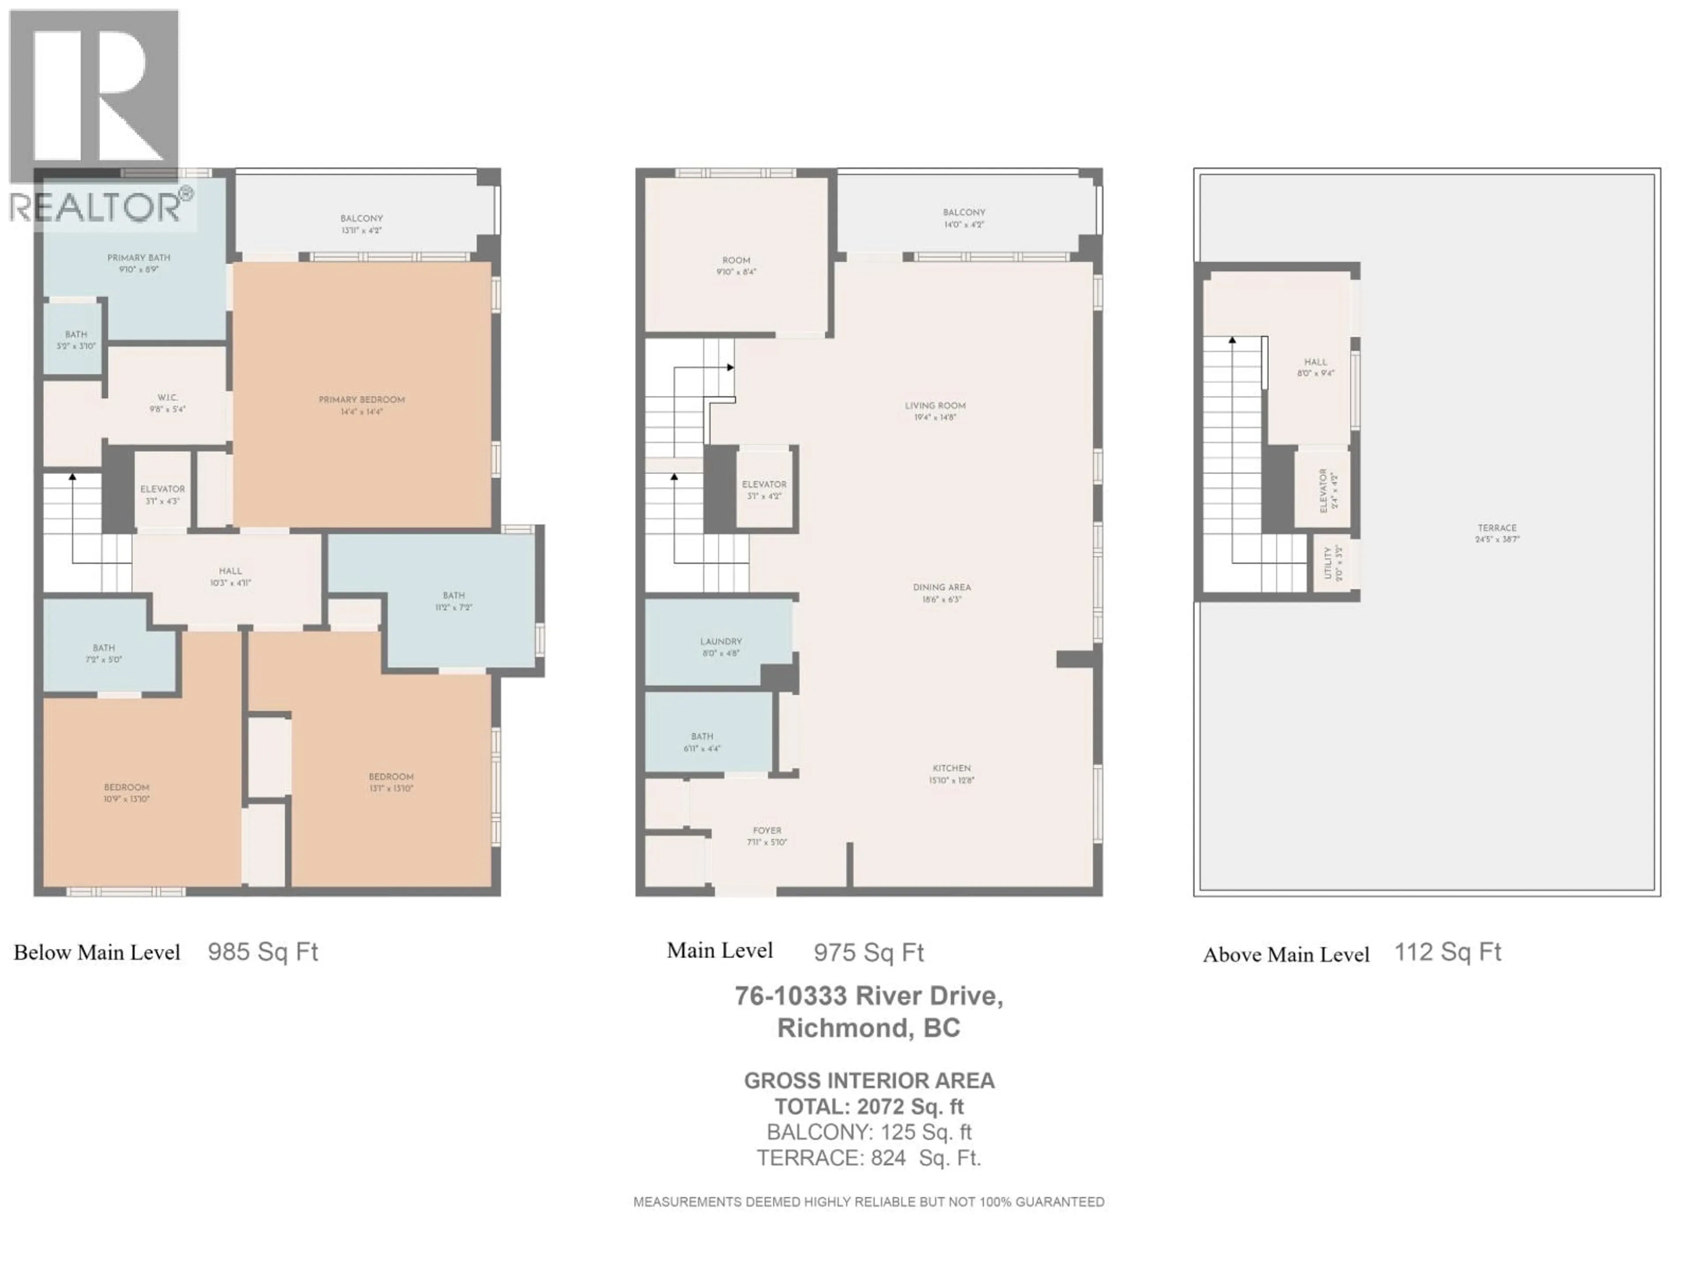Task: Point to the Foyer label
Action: click(x=767, y=831)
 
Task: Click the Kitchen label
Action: click(x=951, y=768)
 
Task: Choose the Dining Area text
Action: click(x=941, y=588)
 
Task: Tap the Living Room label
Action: click(x=935, y=406)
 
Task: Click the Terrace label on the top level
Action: click(x=1496, y=528)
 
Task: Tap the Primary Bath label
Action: click(x=139, y=258)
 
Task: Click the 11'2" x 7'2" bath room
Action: click(x=453, y=601)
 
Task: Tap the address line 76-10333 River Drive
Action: click(x=869, y=996)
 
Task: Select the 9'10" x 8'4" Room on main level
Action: click(x=736, y=266)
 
